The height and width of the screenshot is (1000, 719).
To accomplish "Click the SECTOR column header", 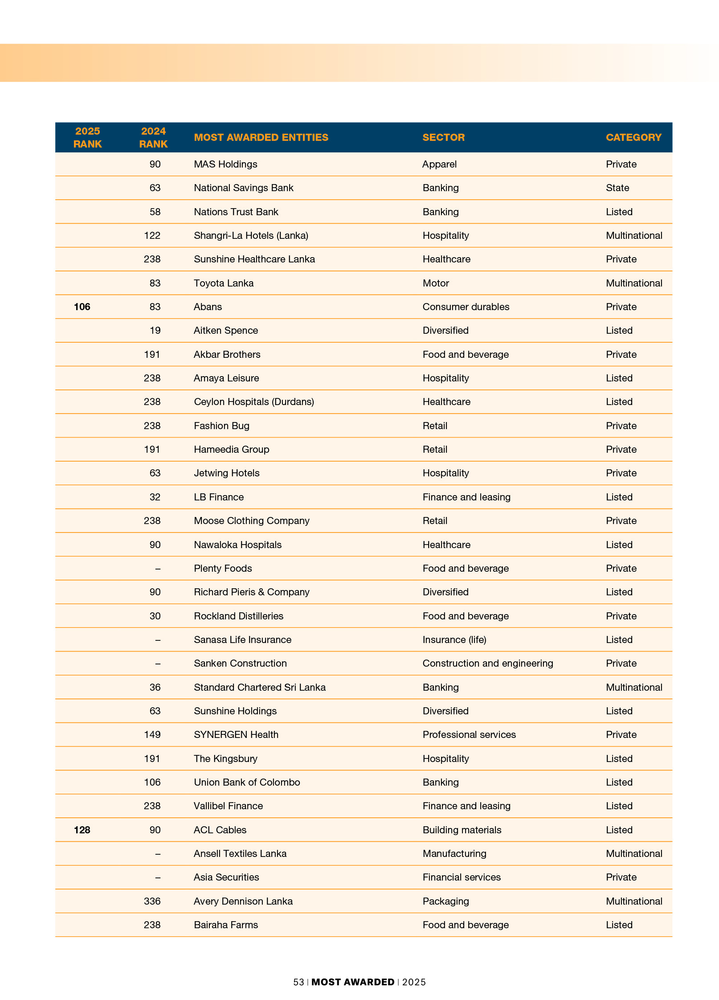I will [x=443, y=137].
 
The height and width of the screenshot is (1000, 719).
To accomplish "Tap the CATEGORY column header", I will [x=633, y=137].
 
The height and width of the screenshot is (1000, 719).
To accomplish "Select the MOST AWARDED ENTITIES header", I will [x=261, y=137].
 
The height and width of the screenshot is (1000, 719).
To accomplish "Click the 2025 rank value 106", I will [x=82, y=307].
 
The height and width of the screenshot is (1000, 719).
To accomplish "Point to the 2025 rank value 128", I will [x=82, y=830].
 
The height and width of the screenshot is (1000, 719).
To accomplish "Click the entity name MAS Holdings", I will [x=225, y=164].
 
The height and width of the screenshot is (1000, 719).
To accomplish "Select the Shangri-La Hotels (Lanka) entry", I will [x=251, y=235].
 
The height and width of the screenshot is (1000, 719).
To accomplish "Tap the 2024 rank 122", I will [x=152, y=235].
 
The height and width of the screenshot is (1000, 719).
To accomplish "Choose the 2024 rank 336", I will [x=152, y=901].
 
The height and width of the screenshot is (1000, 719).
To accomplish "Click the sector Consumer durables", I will [x=466, y=307].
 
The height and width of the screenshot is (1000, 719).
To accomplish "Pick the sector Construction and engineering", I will [x=487, y=663].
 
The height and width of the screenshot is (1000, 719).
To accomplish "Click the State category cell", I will [x=617, y=188].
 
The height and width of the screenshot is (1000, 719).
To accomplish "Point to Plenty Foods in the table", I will [x=223, y=568].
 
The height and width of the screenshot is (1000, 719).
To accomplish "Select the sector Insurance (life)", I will [x=454, y=639].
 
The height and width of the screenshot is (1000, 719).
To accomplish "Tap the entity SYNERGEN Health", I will [x=236, y=734].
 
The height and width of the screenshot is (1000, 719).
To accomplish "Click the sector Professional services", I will [x=469, y=734].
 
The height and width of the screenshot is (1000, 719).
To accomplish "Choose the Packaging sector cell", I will [x=445, y=901].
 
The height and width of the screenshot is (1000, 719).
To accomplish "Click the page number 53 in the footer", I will [x=298, y=982].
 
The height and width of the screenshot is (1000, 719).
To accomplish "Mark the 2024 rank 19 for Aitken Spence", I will [x=155, y=330].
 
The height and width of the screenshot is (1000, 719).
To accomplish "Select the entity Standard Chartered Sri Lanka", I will [x=259, y=687].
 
